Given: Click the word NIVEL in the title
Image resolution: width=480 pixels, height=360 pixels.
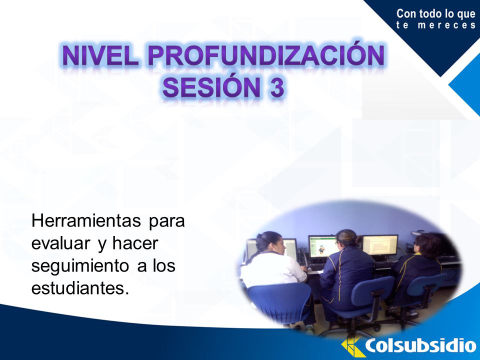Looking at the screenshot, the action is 100,56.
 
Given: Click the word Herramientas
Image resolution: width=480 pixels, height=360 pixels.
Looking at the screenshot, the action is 86,220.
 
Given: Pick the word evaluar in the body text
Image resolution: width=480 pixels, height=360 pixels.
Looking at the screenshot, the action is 60,243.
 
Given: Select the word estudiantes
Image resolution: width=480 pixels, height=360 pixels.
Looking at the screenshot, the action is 80,288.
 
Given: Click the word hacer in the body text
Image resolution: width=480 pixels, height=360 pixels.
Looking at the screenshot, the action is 135,243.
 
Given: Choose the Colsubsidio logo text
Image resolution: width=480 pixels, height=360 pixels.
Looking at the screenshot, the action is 421,346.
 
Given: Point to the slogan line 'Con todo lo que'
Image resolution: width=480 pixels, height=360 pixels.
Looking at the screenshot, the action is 436,14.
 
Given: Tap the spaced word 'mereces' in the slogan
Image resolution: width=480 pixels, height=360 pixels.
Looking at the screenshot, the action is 447,25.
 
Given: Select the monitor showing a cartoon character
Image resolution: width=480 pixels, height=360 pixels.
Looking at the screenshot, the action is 323,246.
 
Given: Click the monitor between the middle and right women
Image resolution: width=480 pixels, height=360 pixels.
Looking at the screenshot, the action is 380,245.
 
